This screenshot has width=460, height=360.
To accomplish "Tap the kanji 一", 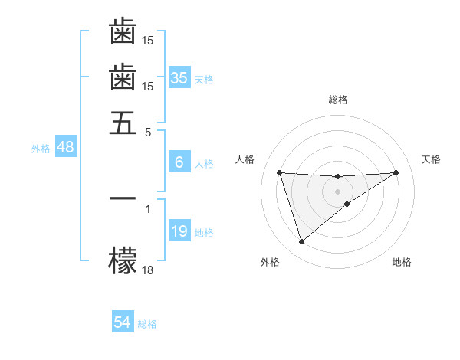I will [123, 198].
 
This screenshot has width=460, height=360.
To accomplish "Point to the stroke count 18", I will [148, 269].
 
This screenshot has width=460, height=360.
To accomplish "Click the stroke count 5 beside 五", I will [148, 131].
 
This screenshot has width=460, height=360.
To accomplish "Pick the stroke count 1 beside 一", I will [148, 207].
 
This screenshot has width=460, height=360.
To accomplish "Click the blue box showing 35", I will [179, 77].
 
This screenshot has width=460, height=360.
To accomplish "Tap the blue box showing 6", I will [179, 162].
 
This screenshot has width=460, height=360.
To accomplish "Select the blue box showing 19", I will [179, 231].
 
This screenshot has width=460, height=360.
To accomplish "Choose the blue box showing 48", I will [65, 148].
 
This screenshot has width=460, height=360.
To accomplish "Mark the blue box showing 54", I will [123, 322].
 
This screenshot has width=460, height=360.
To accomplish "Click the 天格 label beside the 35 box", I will [204, 79].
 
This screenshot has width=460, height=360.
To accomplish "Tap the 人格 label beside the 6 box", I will [204, 164].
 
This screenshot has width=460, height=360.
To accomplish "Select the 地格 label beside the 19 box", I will [204, 233].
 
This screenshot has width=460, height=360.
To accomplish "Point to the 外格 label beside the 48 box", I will [41, 149].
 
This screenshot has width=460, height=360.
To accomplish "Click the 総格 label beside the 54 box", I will [147, 324].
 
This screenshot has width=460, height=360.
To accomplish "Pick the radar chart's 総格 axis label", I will [338, 100].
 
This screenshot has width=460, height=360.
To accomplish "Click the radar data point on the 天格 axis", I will [396, 172].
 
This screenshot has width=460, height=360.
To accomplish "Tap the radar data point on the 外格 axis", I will [301, 242].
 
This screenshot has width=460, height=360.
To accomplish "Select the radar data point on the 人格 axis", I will [280, 172].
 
